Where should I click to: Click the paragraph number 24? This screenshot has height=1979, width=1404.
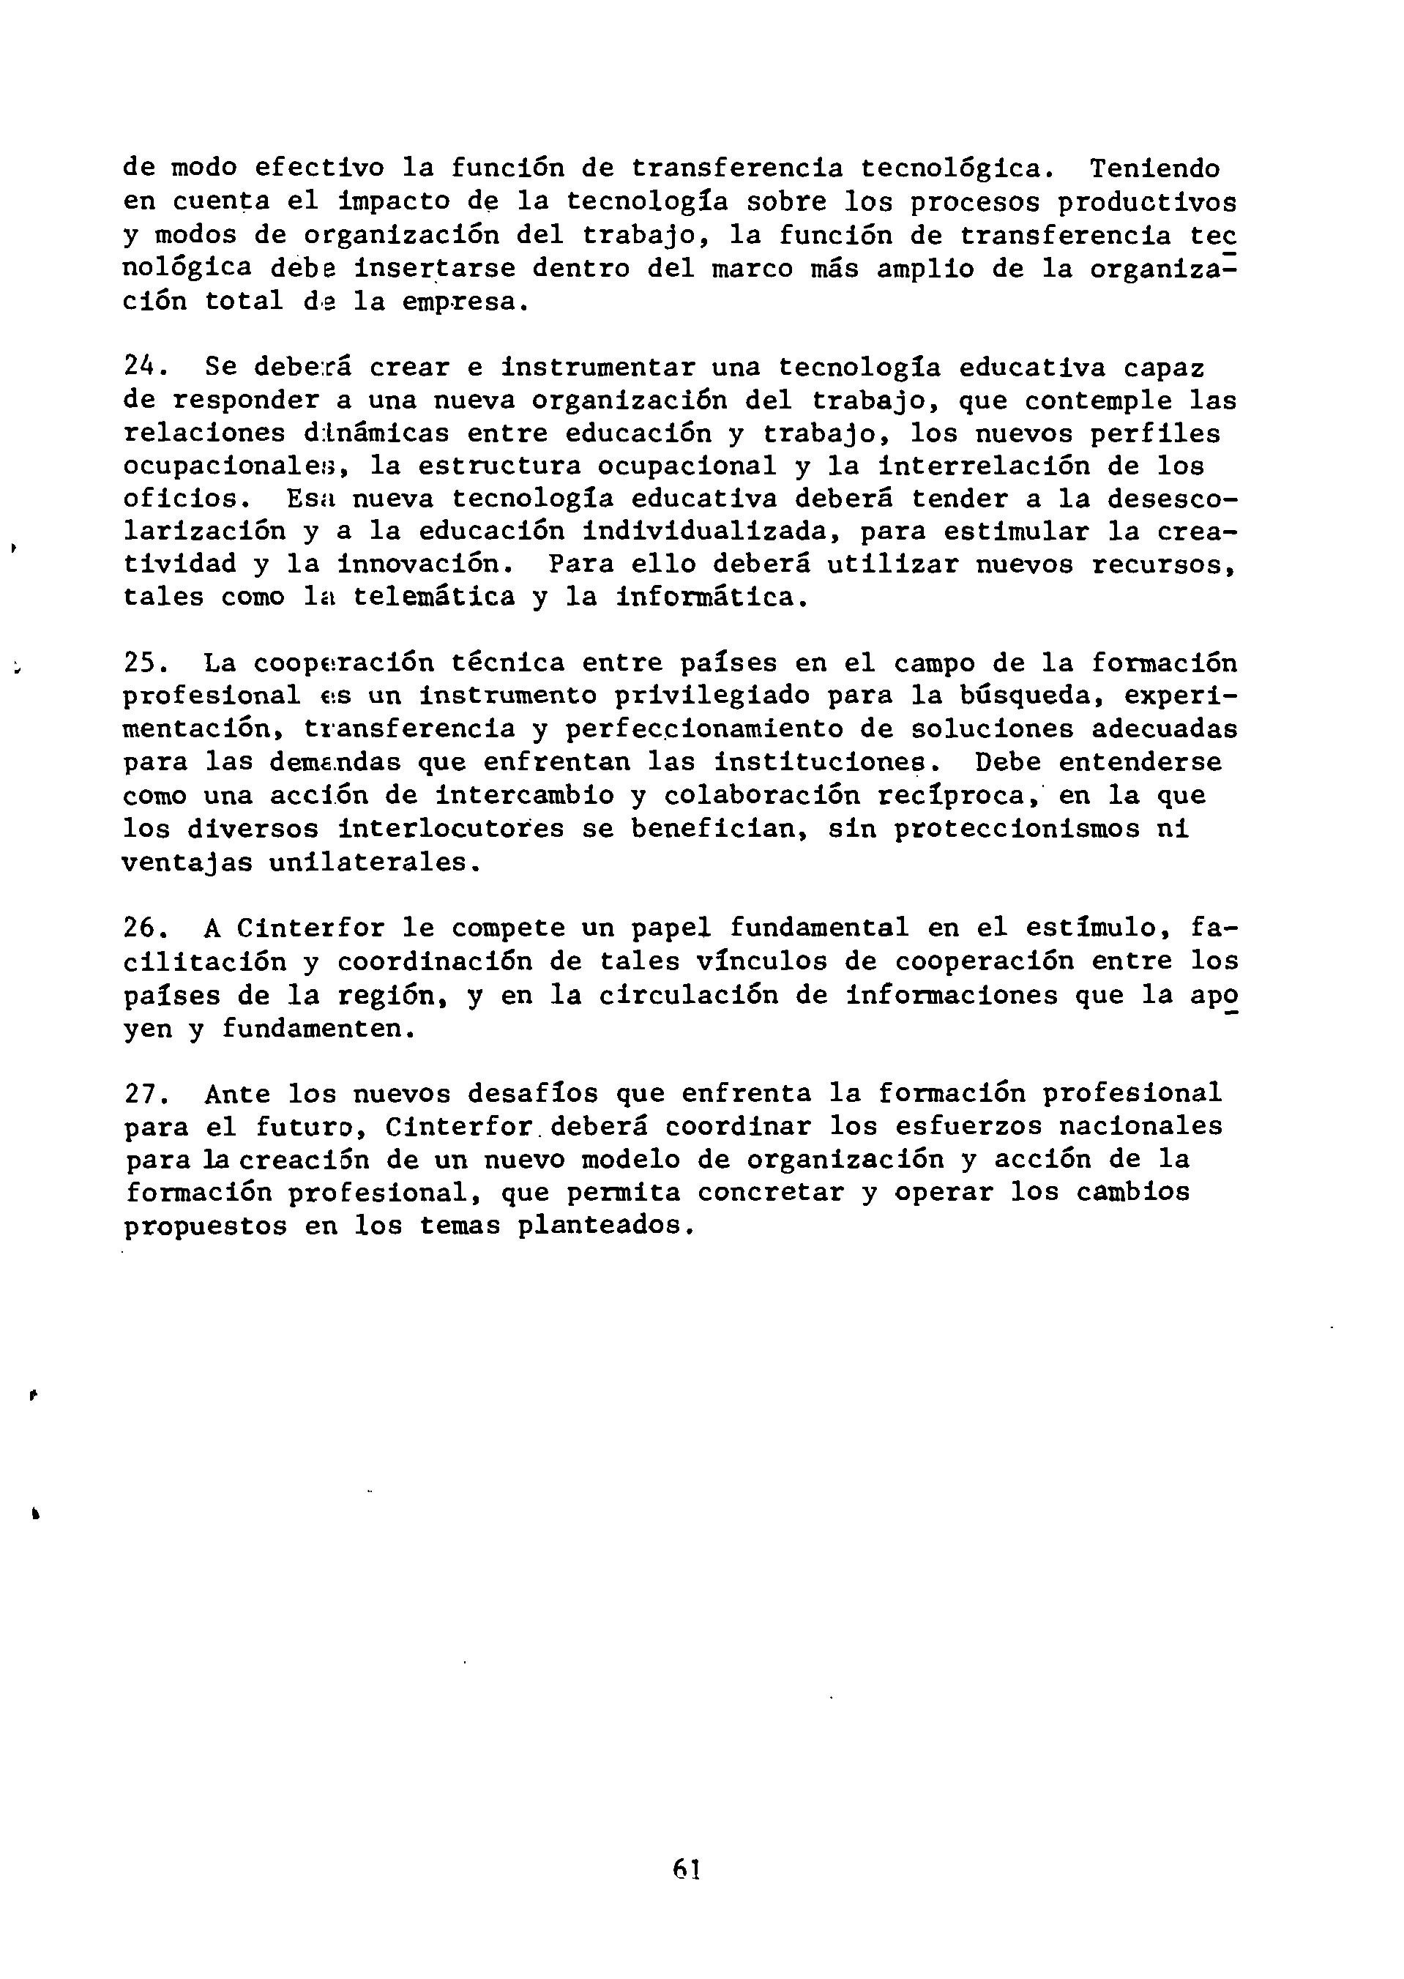coord(141,367)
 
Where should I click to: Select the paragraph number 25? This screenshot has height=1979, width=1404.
coord(141,663)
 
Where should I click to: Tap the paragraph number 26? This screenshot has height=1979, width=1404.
coord(141,928)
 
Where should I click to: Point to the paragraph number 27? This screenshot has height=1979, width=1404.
coord(141,1094)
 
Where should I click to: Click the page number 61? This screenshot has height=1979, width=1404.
coord(686,1869)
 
